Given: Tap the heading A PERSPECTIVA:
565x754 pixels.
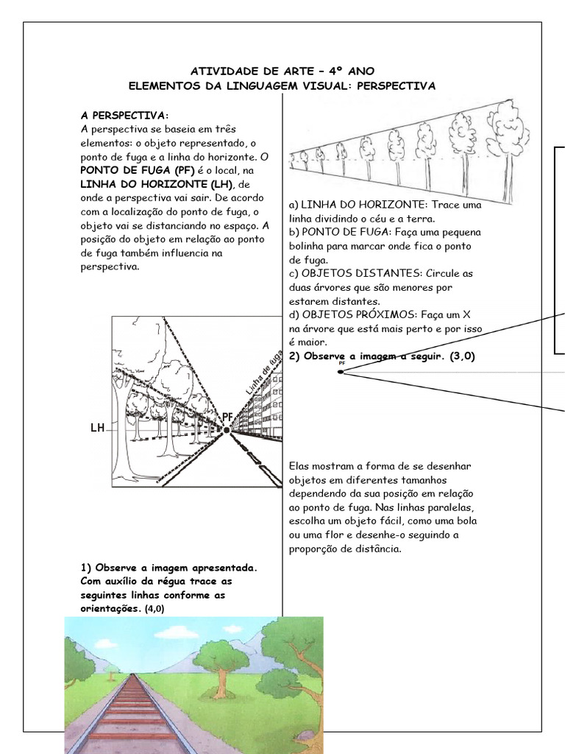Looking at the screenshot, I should (x=124, y=116).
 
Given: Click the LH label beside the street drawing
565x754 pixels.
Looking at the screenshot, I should (x=97, y=428).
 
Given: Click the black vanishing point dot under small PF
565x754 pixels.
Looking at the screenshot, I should (x=341, y=372).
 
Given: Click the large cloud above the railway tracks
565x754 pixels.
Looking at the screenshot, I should (x=176, y=632).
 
